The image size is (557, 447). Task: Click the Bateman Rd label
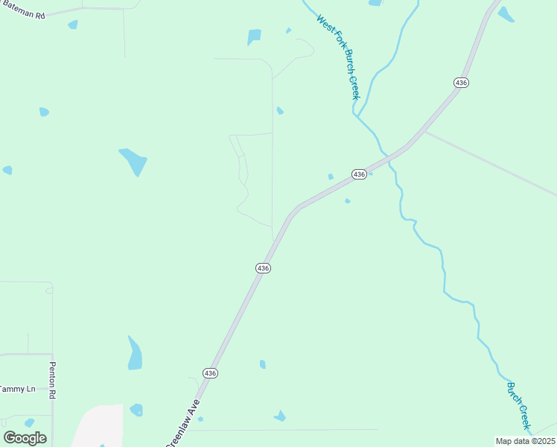tap(22, 13)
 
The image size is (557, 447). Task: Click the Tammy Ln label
tap(16, 389)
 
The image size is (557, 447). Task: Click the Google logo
tap(25, 437)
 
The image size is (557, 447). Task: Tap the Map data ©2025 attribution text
tap(524, 441)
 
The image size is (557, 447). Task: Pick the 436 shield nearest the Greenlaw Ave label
tap(210, 372)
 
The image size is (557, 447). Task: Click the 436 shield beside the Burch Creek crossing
tap(359, 174)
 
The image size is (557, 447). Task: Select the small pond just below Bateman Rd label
tap(73, 25)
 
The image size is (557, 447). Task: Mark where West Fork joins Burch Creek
tap(358, 116)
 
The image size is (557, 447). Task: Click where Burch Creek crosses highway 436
tap(386, 156)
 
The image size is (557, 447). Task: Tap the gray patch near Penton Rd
tap(98, 426)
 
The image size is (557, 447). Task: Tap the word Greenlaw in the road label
tap(179, 431)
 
